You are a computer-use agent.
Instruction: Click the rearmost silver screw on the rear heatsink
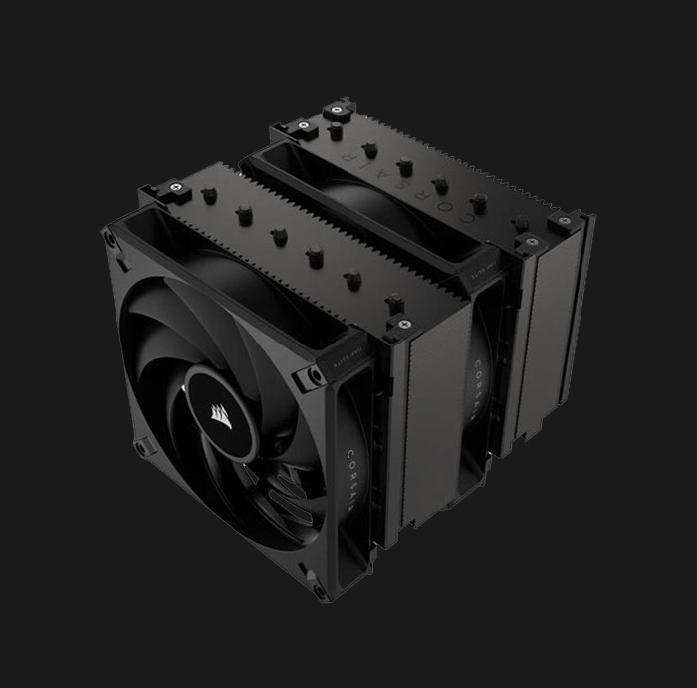339,107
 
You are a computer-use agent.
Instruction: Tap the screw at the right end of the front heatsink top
403,323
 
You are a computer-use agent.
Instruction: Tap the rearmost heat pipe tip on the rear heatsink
336,129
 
